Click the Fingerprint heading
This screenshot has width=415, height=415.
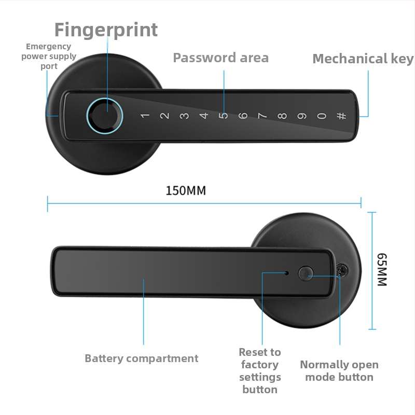106,31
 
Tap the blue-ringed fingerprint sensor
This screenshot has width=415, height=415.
105,116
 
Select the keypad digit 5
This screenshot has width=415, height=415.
224,116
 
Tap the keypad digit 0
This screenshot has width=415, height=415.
322,116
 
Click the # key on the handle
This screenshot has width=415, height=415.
341,116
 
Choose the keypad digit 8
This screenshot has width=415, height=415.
282,116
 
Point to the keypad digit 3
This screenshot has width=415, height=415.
184,116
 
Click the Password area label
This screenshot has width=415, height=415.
221,58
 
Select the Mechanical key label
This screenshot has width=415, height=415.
363,59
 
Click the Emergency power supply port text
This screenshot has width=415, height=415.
49,56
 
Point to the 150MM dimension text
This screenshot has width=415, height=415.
186,190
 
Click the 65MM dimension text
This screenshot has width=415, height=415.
382,269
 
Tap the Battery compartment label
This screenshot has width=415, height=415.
141,358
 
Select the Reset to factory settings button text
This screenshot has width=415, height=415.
260,371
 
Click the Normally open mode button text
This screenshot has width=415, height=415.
339,371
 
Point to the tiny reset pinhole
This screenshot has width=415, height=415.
287,273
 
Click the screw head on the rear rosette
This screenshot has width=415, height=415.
343,270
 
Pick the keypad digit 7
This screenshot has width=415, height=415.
262,116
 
